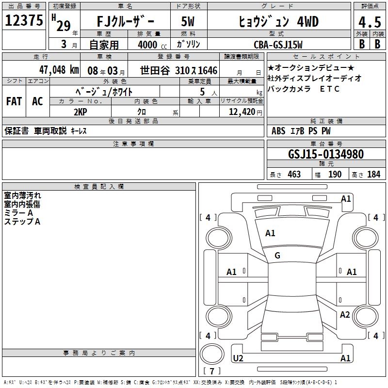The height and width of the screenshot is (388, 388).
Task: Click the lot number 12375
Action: click(24, 20)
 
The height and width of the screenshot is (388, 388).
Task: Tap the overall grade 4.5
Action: click(370, 22)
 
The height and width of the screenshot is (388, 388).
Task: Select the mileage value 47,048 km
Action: click(59, 70)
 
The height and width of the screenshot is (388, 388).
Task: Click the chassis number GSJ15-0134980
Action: click(326, 154)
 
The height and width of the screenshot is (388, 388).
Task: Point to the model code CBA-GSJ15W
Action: click(278, 45)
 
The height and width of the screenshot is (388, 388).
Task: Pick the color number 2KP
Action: click(81, 112)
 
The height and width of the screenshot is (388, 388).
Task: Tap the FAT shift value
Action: click(14, 101)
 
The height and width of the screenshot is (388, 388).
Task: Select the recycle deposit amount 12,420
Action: click(242, 112)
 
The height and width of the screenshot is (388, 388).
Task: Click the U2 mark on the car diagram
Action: click(238, 358)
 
